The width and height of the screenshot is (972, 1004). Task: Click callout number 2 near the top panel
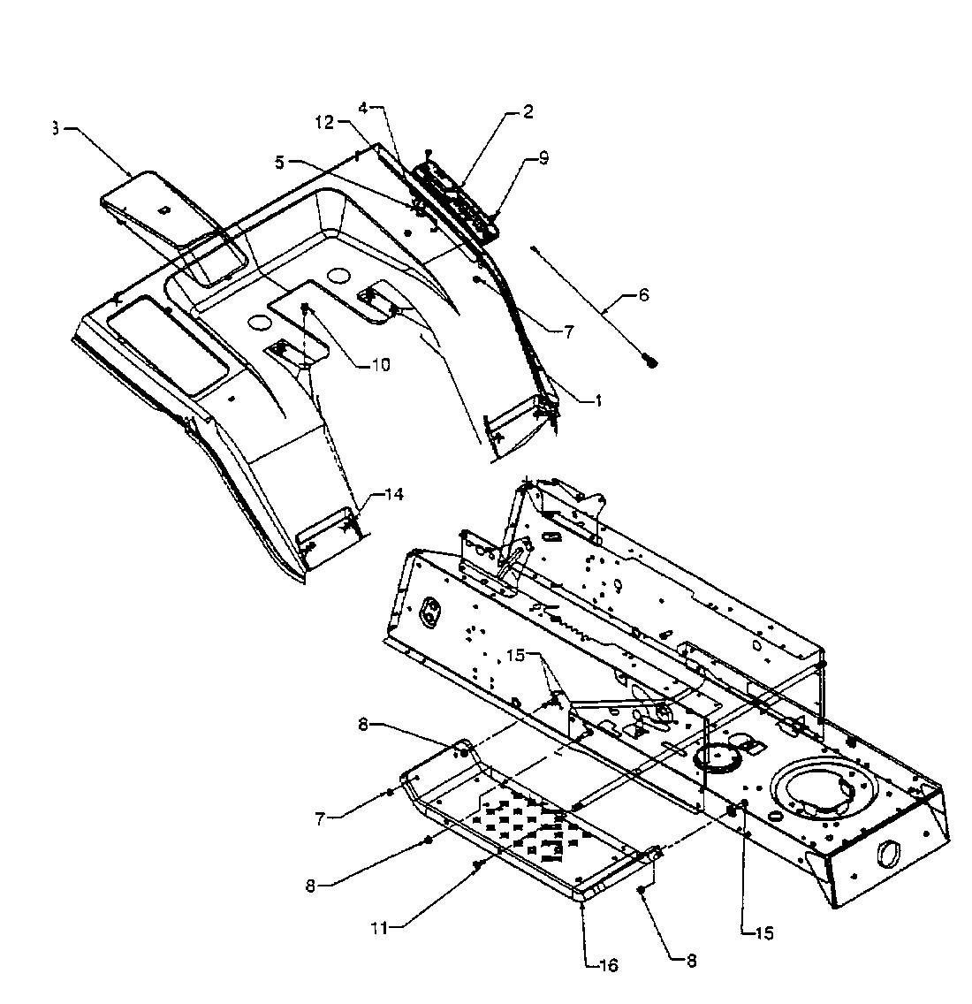528,112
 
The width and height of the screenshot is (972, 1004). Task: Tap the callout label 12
324,123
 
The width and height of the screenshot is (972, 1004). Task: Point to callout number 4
363,108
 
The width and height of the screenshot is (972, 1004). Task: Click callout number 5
280,163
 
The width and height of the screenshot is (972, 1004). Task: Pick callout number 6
642,295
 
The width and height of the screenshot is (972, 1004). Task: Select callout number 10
380,363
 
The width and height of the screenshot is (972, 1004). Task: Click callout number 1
598,400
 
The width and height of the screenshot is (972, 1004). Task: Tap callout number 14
393,495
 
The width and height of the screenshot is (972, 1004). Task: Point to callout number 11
379,926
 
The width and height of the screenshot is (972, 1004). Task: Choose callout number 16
609,964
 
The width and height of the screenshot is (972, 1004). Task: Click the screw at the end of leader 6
652,361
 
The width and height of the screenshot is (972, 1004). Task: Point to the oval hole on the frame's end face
885,853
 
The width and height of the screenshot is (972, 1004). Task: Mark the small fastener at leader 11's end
477,863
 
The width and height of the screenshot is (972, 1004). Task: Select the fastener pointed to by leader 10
307,308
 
